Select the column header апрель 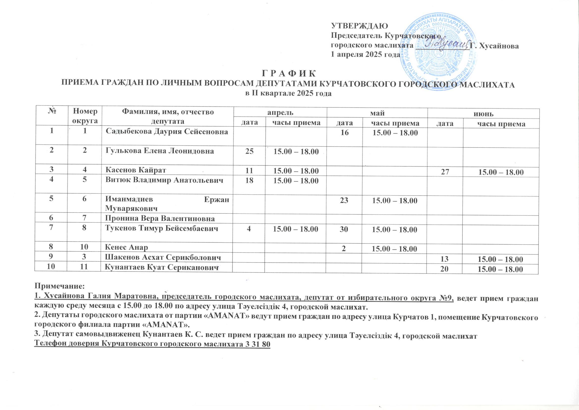280,113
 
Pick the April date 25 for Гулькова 249,151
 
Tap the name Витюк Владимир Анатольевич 164,180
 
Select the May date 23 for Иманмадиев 344,201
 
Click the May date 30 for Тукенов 344,229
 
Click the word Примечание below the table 60,287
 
